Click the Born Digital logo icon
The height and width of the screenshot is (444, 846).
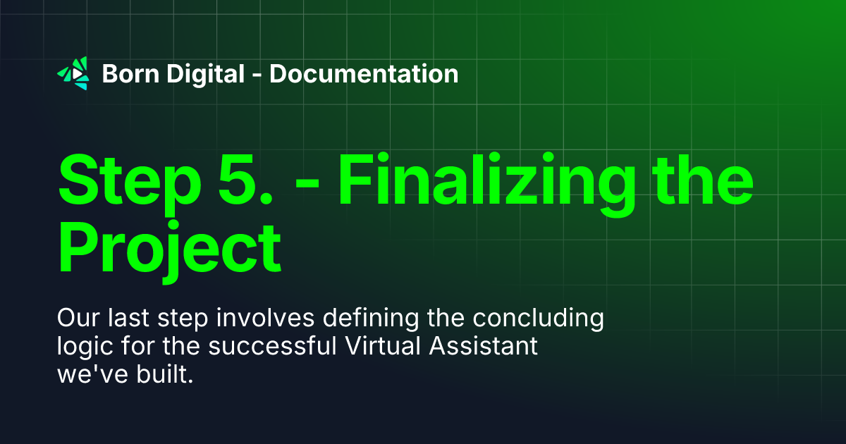[73, 73]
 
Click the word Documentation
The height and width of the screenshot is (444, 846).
[364, 73]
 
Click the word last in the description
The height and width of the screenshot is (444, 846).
[129, 319]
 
